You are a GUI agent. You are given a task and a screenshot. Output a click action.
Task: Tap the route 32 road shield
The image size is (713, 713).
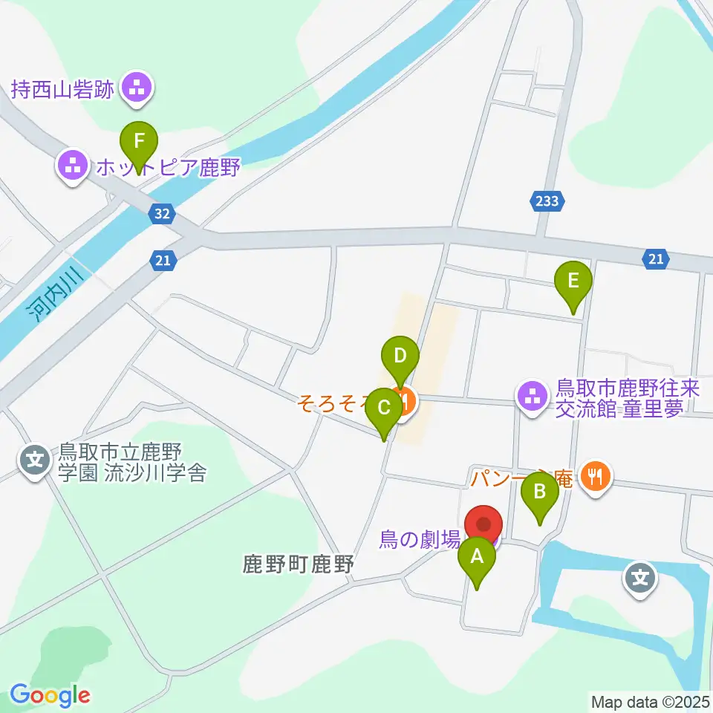163,214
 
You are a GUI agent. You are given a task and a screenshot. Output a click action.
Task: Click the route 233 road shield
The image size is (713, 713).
549,200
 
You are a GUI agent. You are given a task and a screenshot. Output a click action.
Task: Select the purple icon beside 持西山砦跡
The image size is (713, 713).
137,90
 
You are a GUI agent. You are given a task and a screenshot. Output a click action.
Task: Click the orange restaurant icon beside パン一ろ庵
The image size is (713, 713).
595,478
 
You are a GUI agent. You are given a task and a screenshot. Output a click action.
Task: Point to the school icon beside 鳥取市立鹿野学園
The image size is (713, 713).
34,461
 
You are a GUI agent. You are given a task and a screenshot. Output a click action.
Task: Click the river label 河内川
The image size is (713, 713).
51,296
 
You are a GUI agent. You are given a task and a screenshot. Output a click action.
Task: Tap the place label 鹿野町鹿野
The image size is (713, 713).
298,565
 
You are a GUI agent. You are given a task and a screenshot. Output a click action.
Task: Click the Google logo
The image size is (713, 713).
50,695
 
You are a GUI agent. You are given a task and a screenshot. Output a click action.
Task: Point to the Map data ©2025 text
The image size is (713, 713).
649,701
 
